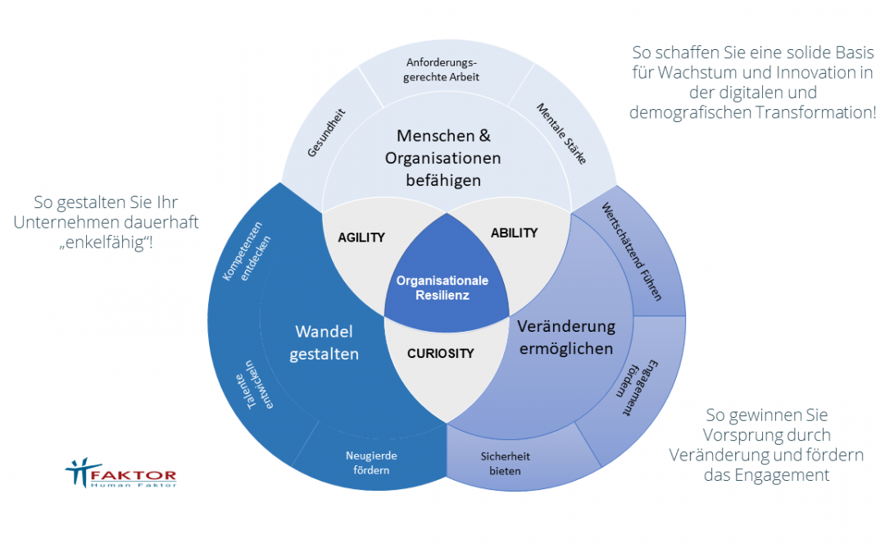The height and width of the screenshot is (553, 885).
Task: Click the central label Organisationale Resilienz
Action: click(442, 288)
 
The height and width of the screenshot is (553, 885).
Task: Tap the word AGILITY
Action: click(361, 238)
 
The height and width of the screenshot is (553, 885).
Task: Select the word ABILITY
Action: click(514, 233)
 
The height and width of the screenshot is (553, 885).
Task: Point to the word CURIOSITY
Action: click(441, 354)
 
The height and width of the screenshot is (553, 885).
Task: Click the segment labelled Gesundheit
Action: click(325, 133)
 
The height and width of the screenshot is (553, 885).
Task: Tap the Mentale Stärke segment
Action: click(562, 134)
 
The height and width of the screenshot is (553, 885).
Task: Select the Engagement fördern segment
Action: click(633, 388)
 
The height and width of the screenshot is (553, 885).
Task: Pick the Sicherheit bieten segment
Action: click(501, 463)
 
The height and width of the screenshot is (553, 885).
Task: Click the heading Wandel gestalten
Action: click(324, 342)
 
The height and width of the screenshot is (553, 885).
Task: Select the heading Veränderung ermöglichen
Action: click(565, 338)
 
